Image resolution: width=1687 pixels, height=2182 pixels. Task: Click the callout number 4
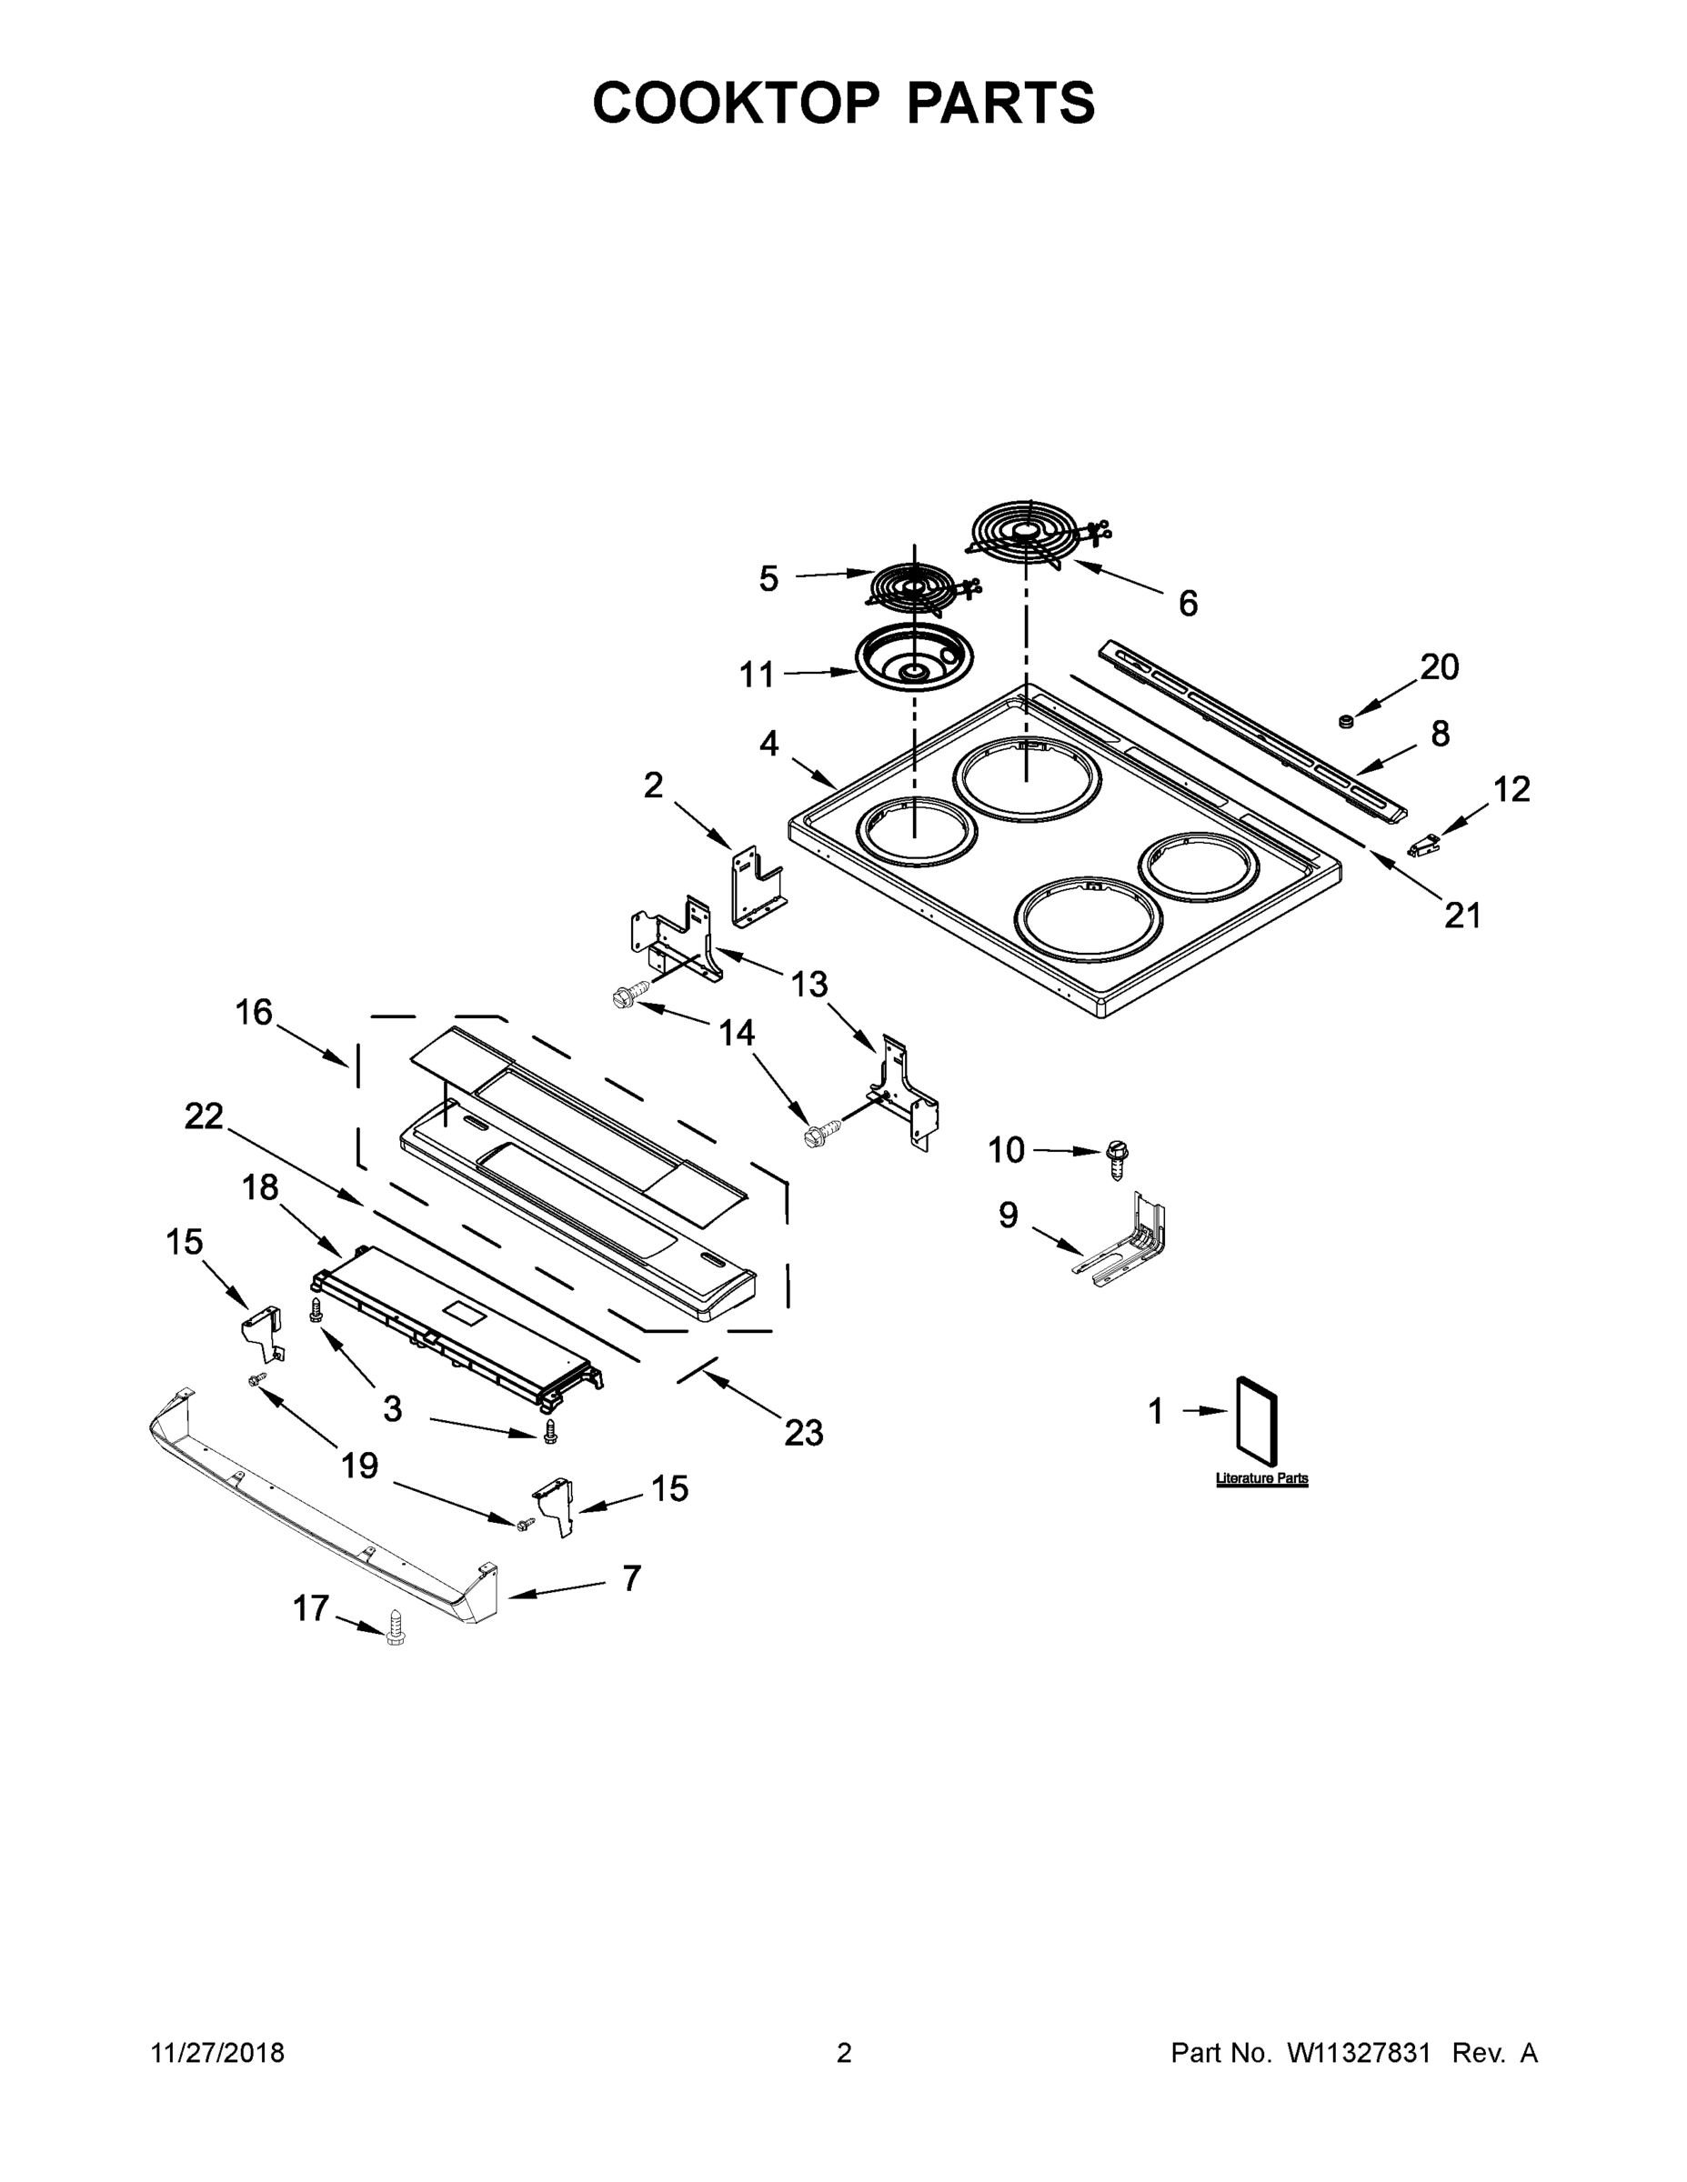768,745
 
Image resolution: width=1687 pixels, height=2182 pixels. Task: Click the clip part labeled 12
1421,848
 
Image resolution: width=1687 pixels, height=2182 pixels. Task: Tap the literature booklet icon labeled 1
1257,1415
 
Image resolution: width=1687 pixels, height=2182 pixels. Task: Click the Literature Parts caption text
1261,1478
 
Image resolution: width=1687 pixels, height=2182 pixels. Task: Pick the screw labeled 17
395,1626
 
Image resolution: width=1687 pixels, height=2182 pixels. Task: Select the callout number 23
804,1433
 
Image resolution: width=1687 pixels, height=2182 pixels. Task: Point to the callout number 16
254,1013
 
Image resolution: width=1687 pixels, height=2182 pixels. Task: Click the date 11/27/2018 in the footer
218,2053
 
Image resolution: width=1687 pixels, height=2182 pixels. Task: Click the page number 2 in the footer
844,2053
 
